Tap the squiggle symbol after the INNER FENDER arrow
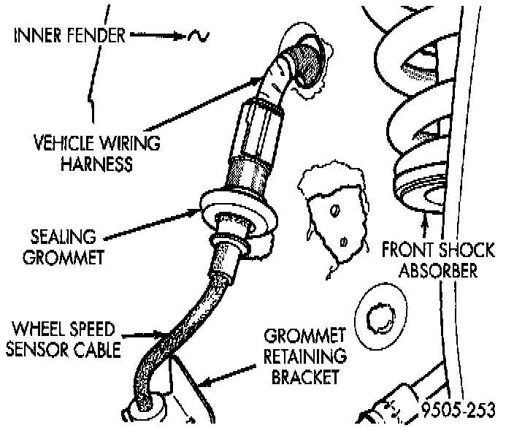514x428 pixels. pos(197,36)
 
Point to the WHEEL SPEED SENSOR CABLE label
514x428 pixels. pos(63,340)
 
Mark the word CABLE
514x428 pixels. pos(96,350)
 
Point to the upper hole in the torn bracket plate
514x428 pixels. pos(334,210)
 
